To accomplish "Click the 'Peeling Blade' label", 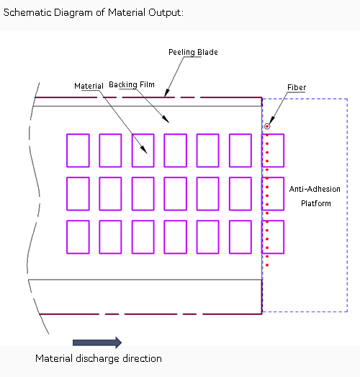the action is pos(193,52).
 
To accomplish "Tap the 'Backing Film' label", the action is pos(132,84).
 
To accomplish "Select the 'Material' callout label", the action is pos(89,86).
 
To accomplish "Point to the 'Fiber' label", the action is pos(297,87).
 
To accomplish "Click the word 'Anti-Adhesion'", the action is pos(315,189).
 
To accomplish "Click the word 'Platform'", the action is pos(316,203).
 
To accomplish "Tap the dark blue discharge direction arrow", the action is pos(97,342).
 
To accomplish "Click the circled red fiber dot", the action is pos(267,126).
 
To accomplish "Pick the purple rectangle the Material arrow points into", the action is pos(143,151).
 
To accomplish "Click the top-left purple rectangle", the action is pos(78,151).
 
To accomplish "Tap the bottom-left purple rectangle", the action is pos(78,237).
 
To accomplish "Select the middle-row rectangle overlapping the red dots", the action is pos(273,194).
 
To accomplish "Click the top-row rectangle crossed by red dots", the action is pos(273,151).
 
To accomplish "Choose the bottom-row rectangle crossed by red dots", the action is pos(273,237).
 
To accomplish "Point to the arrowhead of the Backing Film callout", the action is pos(166,119).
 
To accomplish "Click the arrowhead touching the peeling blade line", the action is pos(166,93).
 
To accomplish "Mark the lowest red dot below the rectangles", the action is pos(267,265).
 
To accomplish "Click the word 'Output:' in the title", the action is pos(166,12).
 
